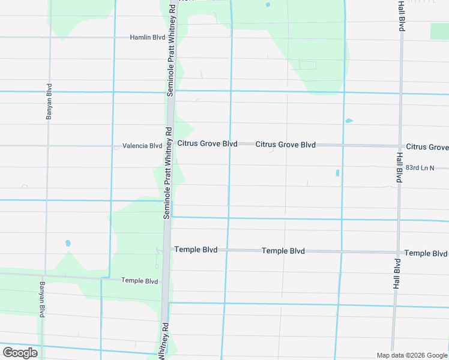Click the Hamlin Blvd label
click(147, 37)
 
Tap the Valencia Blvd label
click(142, 146)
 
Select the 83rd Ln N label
click(419, 168)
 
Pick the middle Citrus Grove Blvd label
click(286, 145)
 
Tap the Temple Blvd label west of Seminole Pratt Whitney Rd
click(139, 280)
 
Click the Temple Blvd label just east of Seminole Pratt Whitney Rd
click(196, 249)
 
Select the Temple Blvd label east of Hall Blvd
click(426, 253)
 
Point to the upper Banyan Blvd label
click(49, 101)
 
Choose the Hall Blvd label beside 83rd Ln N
click(398, 167)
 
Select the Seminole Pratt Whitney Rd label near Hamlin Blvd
click(171, 51)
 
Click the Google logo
click(20, 353)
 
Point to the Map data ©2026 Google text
click(412, 355)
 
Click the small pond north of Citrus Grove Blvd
click(349, 121)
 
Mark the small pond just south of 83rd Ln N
click(337, 173)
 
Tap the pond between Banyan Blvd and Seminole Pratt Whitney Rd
click(68, 243)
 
